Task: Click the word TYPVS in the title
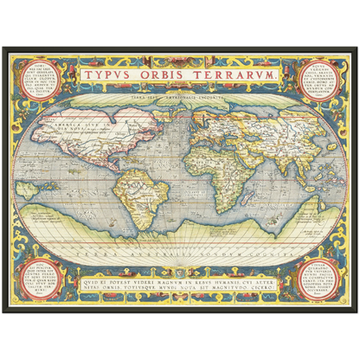pos(111,76)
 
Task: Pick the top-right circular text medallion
pos(310,80)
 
